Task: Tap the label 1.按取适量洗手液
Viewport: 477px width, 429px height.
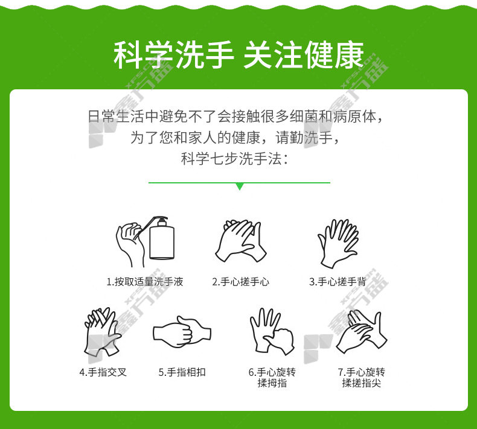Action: (x=145, y=282)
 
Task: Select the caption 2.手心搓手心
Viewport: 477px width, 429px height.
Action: (x=241, y=282)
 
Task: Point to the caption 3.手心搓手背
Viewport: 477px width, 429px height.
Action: (x=338, y=282)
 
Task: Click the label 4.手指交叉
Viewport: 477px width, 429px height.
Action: (x=103, y=372)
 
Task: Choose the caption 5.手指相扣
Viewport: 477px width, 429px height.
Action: (x=182, y=372)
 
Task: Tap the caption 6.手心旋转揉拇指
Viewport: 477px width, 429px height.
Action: (x=272, y=377)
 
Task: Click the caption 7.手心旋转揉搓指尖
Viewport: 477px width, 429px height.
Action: (x=362, y=377)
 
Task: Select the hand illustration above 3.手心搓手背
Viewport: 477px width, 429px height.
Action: (x=338, y=244)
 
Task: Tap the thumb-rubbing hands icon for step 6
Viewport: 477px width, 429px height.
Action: (x=272, y=331)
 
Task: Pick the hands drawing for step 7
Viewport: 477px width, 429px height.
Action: (x=362, y=332)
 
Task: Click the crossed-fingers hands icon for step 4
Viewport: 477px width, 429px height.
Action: (x=103, y=331)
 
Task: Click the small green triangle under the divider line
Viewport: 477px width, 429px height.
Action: (x=240, y=186)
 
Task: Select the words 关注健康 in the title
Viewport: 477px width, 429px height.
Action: (x=303, y=55)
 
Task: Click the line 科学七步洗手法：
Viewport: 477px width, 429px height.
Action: (x=234, y=159)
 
